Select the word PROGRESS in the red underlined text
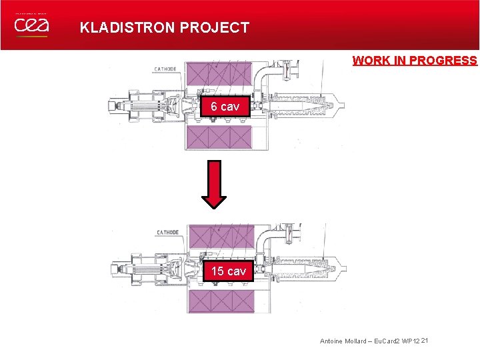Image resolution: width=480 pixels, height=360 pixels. tap(443, 61)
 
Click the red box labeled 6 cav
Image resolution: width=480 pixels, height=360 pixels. tap(225, 107)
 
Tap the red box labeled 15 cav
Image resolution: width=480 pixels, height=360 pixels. tap(228, 271)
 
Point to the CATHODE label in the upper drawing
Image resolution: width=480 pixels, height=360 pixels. tap(165, 69)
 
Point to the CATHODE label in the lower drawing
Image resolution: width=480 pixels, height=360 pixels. tap(167, 233)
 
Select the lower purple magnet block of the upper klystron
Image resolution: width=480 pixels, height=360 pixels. tap(219, 138)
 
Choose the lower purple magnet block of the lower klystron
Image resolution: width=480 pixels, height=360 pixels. tap(221, 300)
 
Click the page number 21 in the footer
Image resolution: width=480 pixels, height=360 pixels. tap(424, 341)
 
